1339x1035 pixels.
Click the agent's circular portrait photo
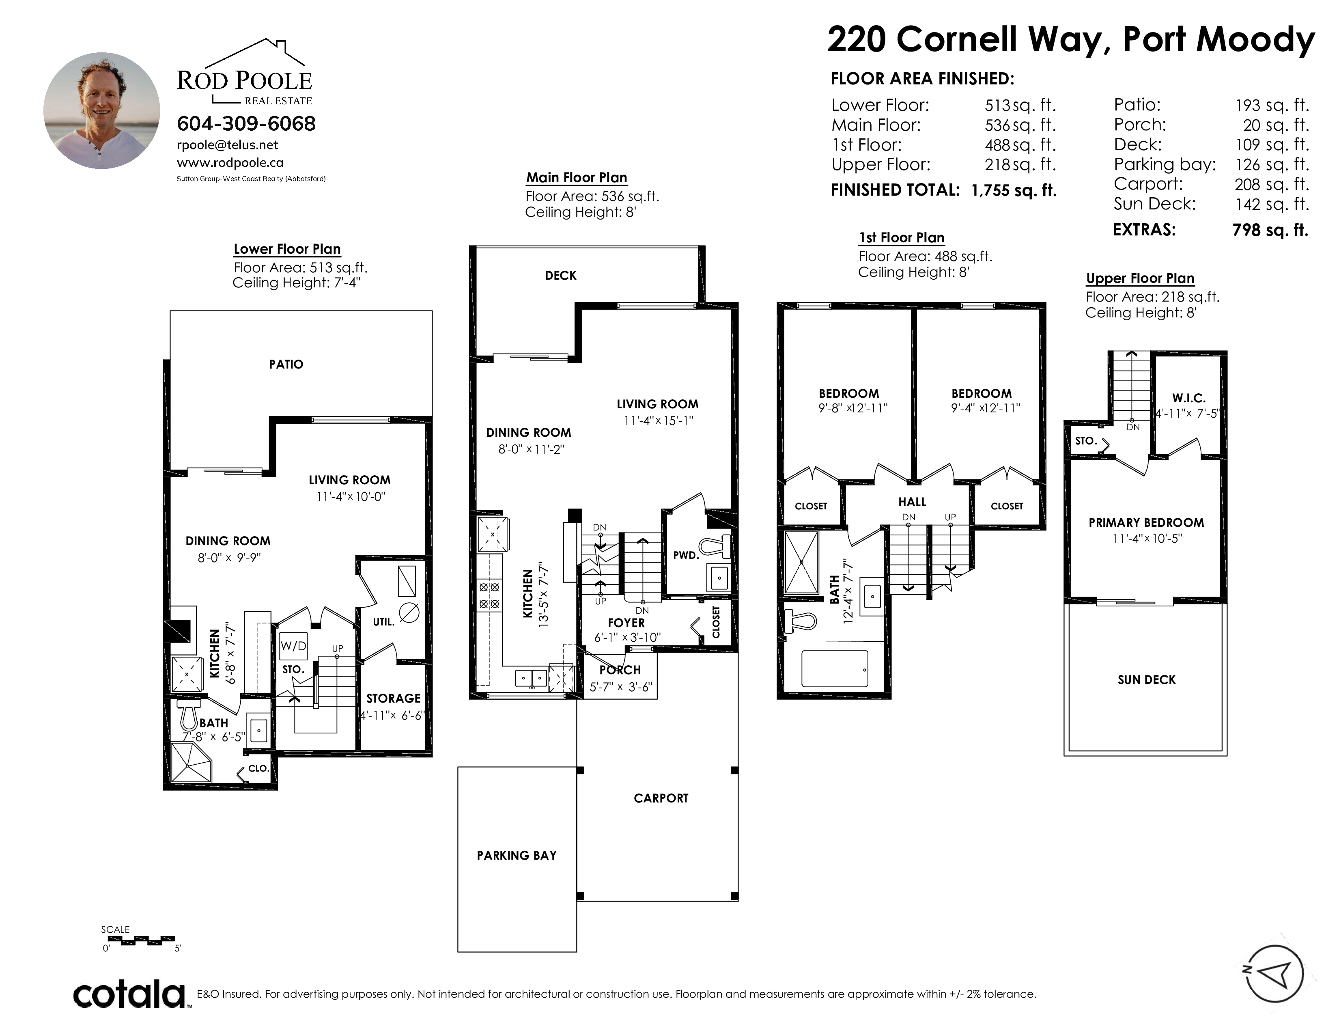[102, 110]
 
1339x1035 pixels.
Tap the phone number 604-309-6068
[246, 124]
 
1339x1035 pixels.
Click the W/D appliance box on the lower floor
[293, 646]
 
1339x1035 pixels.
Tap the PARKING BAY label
[517, 855]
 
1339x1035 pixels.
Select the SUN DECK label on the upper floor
[1147, 679]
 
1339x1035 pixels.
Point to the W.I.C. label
[1189, 398]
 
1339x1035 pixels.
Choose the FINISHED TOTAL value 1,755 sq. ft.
[1014, 190]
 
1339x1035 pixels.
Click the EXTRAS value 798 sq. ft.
[1270, 230]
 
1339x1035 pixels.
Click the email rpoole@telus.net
[228, 145]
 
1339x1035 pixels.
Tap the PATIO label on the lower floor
[286, 364]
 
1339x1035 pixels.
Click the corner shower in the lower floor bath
[191, 762]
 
